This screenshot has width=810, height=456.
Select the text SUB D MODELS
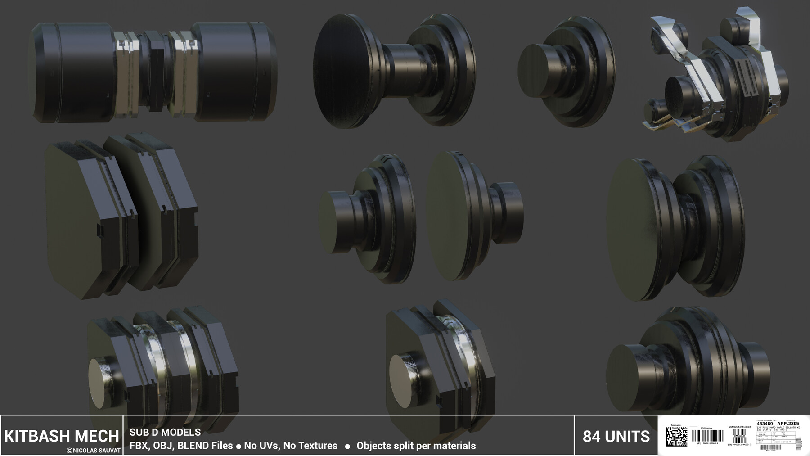coord(165,432)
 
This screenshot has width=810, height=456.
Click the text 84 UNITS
coord(616,436)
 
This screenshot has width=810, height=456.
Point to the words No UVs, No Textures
coord(290,446)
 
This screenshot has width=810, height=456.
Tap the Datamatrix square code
coord(676,437)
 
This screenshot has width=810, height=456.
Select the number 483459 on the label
coord(765,424)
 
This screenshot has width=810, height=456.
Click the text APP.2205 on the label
coord(787,424)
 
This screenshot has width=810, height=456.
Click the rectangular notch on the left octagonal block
coord(100,231)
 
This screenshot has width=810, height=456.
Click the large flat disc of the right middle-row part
coord(637,230)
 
